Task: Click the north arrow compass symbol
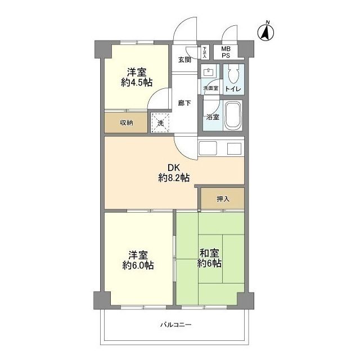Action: (265, 33)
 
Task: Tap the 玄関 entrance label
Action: (185, 60)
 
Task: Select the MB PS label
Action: (226, 52)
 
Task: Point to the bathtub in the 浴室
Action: (233, 115)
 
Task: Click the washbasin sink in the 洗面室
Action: (209, 72)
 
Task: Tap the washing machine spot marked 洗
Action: (160, 123)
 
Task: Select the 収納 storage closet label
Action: (126, 123)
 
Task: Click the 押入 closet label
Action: (223, 199)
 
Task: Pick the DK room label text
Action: (174, 168)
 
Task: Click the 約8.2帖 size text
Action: (174, 178)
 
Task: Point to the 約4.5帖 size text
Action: (137, 83)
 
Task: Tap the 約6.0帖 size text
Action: (138, 265)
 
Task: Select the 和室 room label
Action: (209, 253)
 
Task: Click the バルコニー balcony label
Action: (175, 325)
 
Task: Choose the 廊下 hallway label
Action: (184, 103)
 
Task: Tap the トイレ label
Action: (233, 89)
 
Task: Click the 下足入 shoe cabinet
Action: (205, 52)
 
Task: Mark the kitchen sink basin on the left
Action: (208, 148)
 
